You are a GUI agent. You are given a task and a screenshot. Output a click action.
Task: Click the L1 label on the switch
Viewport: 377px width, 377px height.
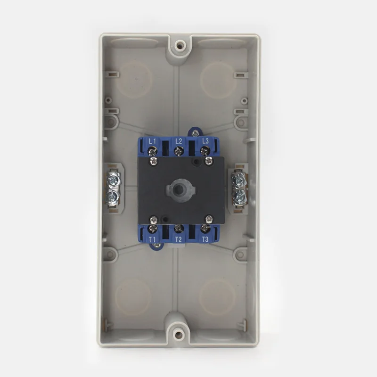(152, 141)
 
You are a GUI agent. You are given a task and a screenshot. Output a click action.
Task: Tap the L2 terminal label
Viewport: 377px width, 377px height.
(179, 141)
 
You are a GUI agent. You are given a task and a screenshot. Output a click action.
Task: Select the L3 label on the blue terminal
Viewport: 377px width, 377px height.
(205, 141)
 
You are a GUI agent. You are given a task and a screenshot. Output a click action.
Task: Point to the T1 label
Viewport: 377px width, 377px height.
(152, 239)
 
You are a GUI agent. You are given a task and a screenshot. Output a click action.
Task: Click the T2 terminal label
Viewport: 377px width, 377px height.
(179, 239)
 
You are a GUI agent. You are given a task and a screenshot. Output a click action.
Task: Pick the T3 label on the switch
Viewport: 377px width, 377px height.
(205, 239)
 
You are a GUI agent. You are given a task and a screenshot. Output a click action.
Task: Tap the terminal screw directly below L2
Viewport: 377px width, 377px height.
(179, 151)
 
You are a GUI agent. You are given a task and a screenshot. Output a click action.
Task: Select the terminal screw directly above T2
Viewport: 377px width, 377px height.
(179, 229)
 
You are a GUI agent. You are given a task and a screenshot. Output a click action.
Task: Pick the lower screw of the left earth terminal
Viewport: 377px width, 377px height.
(113, 196)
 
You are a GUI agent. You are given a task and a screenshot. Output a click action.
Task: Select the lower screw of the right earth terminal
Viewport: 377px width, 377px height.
(240, 196)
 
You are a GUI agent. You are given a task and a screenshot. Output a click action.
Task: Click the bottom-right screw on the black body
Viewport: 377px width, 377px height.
(208, 218)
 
